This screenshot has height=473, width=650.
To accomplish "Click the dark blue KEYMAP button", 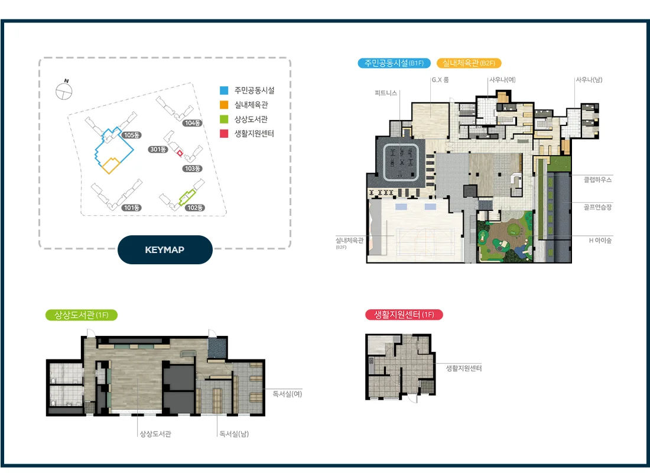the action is (x=165, y=250).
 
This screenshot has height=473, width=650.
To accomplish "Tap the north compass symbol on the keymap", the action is (x=64, y=91).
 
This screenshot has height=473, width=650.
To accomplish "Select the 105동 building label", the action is (x=132, y=135).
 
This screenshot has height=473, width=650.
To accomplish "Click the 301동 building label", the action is (x=158, y=150).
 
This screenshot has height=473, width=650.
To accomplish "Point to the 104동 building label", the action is (x=193, y=123).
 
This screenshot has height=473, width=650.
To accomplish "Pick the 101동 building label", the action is (x=131, y=208).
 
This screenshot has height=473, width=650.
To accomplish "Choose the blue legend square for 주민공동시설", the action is (x=224, y=90).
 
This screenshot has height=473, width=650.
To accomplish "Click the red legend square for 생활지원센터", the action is (x=224, y=134).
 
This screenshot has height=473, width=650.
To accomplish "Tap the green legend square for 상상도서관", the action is (x=224, y=119).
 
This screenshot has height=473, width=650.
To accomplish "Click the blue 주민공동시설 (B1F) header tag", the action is (x=394, y=63).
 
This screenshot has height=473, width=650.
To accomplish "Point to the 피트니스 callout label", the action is (x=386, y=93).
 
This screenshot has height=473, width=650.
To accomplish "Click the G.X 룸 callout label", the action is (x=440, y=80).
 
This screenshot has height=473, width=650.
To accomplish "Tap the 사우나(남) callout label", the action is (x=589, y=80).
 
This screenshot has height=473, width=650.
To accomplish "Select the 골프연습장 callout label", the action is (x=598, y=207).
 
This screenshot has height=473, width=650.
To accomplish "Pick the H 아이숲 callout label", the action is (x=600, y=240).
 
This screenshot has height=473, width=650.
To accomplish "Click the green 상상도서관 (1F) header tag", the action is (x=82, y=315).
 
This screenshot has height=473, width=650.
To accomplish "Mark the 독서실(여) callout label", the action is (x=287, y=394).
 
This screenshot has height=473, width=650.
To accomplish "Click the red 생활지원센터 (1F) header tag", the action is (x=404, y=315).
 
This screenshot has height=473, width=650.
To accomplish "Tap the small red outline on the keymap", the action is (x=180, y=153).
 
